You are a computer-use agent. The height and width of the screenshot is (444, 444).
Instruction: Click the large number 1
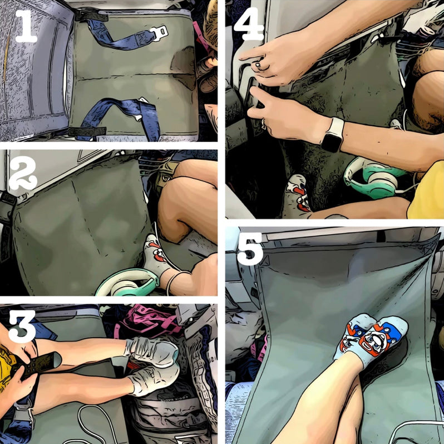click(26, 28)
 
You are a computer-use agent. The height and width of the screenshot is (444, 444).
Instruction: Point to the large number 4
click(248, 25)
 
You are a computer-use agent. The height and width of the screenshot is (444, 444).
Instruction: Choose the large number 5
click(250, 251)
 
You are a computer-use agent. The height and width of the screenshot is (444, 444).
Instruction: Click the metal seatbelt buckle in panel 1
click(159, 32)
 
